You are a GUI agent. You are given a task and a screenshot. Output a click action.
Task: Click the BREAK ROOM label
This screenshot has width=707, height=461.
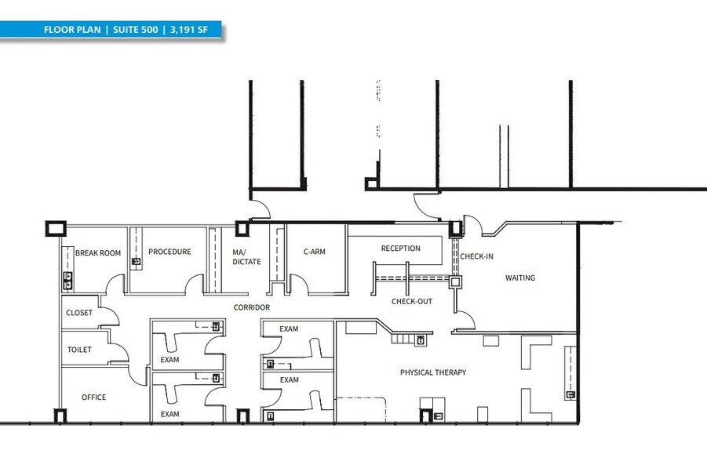coord(98,253)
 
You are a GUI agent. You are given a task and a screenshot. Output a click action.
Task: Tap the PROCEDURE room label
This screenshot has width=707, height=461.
coord(169,252)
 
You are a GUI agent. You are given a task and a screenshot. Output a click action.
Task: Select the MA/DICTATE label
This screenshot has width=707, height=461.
coord(246,257)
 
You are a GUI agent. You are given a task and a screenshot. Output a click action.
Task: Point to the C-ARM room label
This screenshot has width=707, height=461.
coord(314,252)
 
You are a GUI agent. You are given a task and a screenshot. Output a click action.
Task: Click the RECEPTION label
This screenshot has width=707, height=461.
coord(400,249)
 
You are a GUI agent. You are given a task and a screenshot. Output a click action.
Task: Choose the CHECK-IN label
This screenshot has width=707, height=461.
coord(476,256)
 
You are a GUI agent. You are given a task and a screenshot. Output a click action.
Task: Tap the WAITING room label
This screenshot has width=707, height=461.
coord(519,278)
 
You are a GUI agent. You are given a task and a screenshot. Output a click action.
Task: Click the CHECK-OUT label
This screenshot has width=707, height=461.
coord(412,301)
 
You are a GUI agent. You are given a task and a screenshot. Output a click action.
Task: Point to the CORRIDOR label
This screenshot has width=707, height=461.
coord(251,307)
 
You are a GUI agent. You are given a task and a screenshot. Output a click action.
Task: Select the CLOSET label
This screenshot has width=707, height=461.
coord(79,313)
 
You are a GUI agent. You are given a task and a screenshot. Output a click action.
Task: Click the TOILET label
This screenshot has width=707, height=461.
coord(79,350)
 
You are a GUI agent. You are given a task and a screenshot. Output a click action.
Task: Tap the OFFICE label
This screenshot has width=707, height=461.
coord(93,397)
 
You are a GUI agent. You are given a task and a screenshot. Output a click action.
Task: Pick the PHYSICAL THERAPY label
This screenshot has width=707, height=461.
coord(432,372)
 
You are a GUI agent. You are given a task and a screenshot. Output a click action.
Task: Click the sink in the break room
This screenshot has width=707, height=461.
coord(67,278)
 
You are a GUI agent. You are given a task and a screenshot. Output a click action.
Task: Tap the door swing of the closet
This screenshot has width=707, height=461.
coord(109,314)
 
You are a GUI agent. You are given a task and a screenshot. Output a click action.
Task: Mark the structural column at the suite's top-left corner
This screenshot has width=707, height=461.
coord(54,230)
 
